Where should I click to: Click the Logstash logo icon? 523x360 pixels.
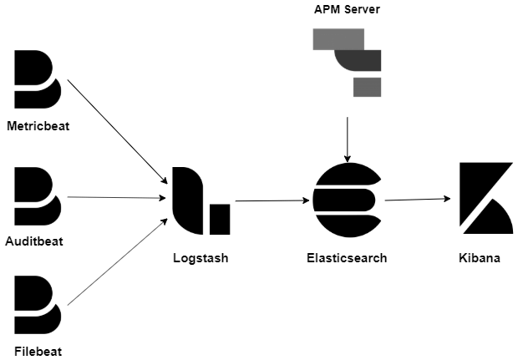point(200,201)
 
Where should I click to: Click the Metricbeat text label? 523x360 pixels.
point(38,127)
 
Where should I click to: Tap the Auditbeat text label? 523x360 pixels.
point(35,242)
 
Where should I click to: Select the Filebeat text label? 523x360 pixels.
point(38,351)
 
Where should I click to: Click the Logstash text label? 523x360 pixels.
point(200,258)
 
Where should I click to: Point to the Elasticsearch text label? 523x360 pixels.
point(347,258)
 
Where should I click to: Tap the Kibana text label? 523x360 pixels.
point(480,258)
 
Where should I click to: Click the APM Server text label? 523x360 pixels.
point(346,10)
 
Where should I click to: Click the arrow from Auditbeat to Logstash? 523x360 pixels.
point(115,198)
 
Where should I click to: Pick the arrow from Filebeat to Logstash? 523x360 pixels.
point(116,262)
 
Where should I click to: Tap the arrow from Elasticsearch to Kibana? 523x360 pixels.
point(418,200)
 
